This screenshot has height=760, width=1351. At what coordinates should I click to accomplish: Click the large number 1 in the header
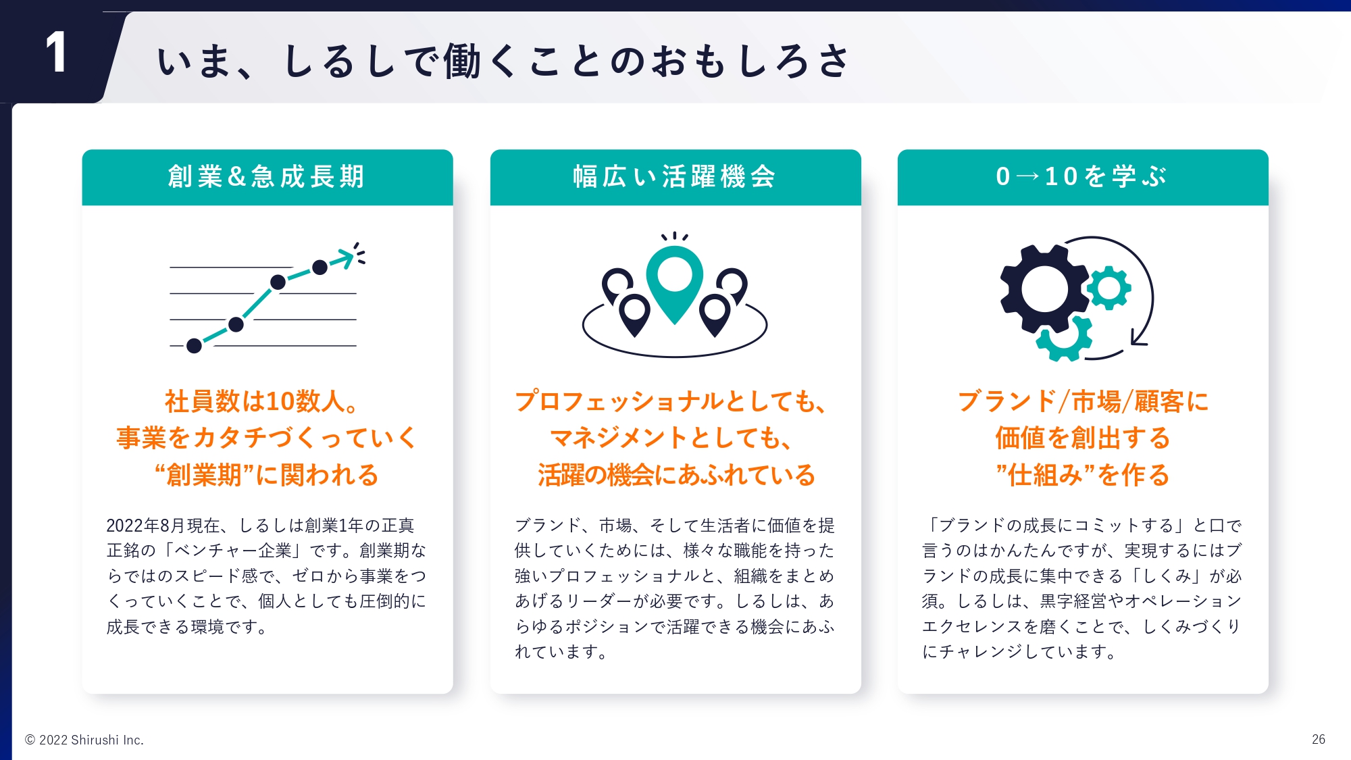point(57,52)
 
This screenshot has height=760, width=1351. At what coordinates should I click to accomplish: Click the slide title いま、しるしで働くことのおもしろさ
point(503,61)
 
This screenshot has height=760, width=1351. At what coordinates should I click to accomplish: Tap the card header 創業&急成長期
point(267,177)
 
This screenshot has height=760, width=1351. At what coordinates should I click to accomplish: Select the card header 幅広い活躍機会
point(675,177)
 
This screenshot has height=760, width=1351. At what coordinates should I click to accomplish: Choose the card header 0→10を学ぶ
point(1081,177)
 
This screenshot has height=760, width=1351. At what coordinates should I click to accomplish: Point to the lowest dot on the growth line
point(194,346)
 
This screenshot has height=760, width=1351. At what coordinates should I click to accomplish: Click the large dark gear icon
point(1045,288)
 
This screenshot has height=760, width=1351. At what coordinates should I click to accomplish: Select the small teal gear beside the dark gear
point(1108,288)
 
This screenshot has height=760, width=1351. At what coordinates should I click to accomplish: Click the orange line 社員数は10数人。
point(262,401)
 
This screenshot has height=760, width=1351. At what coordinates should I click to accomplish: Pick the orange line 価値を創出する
point(1082,438)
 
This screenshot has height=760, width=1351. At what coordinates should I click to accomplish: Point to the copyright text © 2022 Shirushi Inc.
point(84,740)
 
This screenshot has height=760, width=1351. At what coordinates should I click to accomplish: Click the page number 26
point(1319,740)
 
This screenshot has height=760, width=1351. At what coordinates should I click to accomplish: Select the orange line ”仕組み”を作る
point(1082,475)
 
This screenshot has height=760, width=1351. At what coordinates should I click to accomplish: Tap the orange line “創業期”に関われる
point(266,475)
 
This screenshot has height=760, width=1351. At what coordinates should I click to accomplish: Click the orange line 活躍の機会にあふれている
point(676,475)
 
